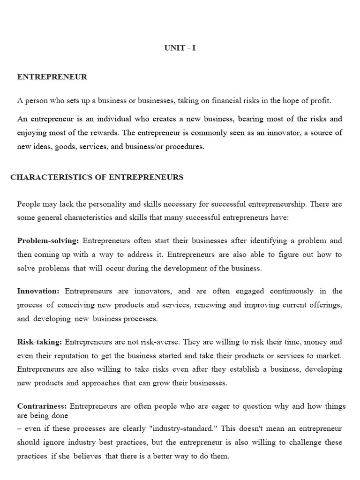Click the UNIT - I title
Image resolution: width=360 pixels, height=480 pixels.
(x=180, y=48)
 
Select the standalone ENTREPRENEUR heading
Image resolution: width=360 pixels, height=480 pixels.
(x=52, y=77)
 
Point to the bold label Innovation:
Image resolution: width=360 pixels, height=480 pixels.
(x=38, y=291)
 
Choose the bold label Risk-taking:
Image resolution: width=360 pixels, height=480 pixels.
(x=39, y=342)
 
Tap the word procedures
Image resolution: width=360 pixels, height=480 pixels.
(x=186, y=147)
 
